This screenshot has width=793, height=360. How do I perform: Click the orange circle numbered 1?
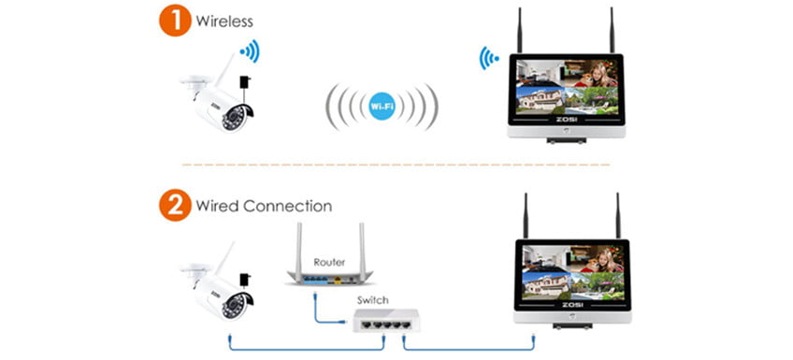(174, 21)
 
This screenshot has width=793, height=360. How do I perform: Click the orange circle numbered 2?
(174, 205)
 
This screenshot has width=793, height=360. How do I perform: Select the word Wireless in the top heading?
(225, 21)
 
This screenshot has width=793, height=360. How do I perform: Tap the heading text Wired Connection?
(263, 205)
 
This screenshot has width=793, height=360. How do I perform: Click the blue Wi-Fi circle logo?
(382, 107)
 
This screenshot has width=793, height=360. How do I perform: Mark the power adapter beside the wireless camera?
(245, 90)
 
